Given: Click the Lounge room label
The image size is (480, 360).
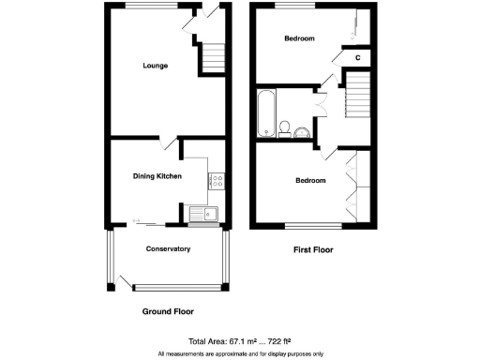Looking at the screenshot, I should pos(156,66).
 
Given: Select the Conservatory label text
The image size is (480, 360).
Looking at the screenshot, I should pos(168,248).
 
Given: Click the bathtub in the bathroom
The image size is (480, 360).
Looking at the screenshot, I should pos(264,112).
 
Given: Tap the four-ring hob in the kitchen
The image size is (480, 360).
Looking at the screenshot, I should pos(216,183).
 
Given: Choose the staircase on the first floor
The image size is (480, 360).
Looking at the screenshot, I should pos(359,96).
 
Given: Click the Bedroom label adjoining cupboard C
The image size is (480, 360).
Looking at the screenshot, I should pos(299,38).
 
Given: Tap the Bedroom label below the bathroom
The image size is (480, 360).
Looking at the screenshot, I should pos(310,180).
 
